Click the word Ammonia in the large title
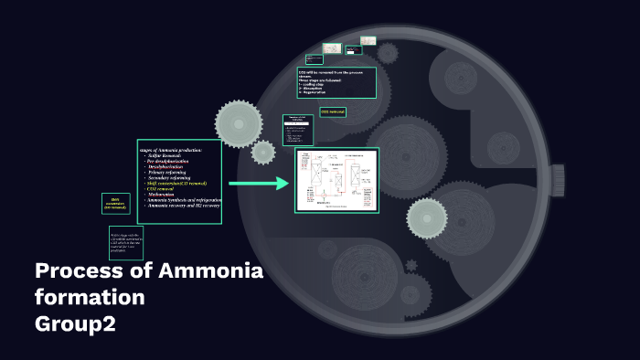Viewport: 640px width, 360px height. point(209,271)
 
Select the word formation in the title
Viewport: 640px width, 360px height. point(90,298)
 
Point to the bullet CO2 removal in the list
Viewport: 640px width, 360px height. point(165,189)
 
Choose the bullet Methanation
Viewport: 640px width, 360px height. point(165,195)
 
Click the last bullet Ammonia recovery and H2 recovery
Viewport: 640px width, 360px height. point(183,206)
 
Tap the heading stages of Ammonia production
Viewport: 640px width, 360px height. point(169,149)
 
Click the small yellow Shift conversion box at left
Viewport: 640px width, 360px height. point(116,204)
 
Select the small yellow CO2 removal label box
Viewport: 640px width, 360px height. point(332,111)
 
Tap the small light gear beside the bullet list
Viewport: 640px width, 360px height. point(263,152)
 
